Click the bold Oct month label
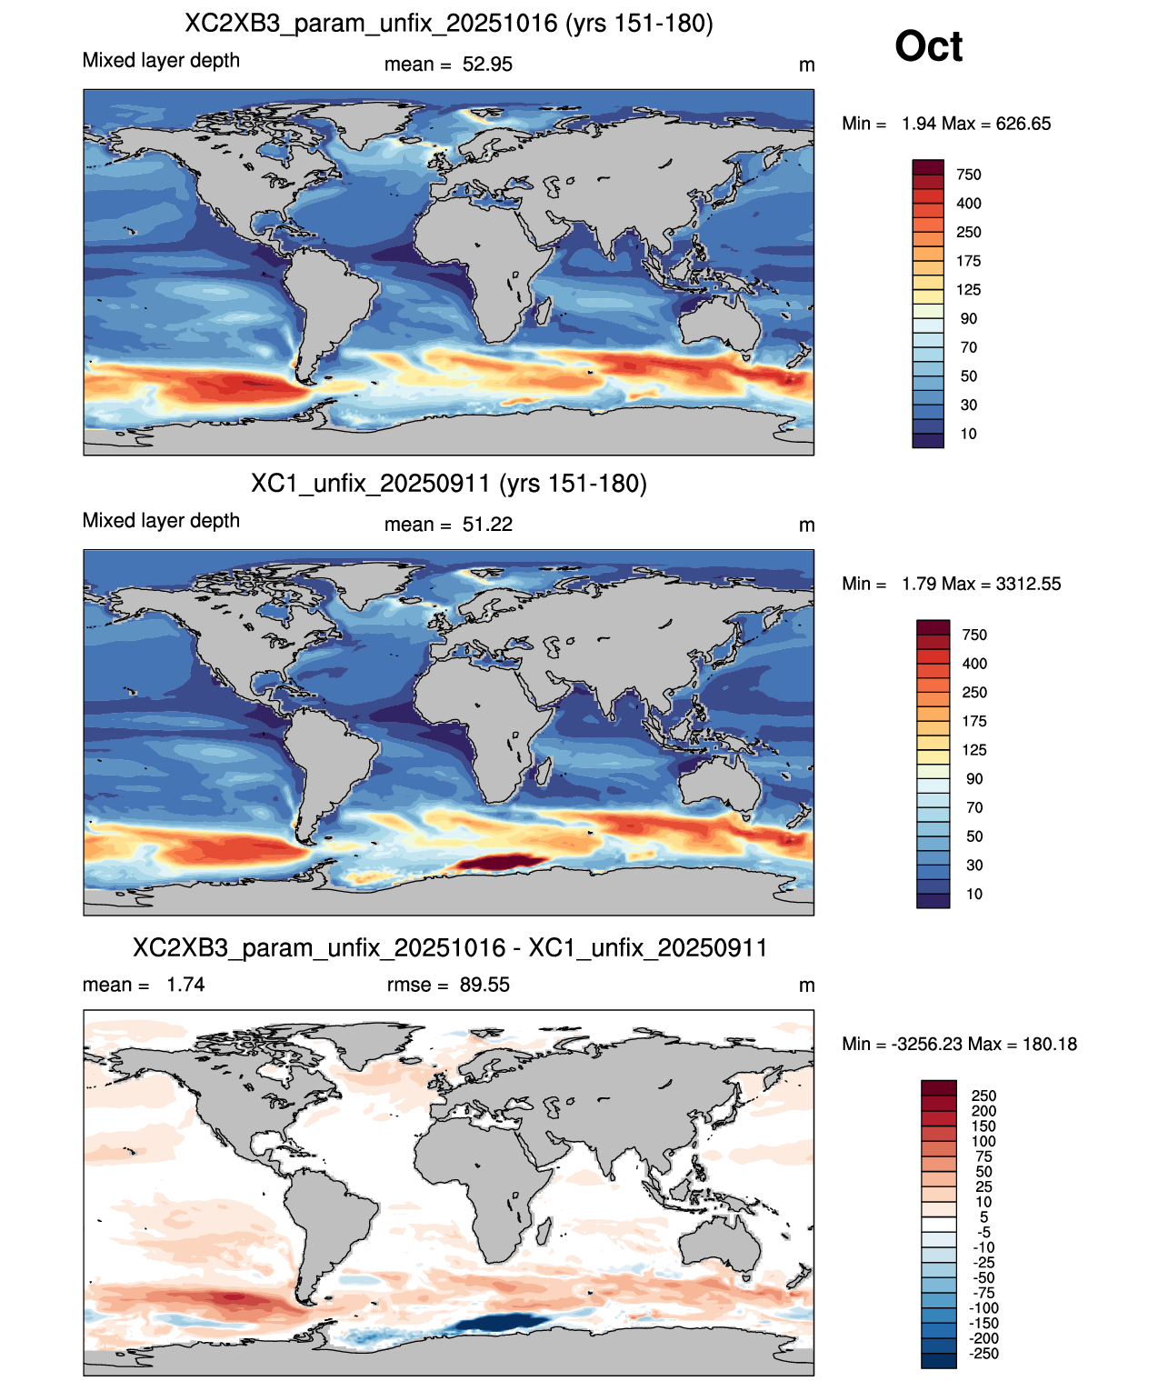928,46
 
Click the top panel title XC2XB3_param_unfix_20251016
371,24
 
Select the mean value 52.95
487,65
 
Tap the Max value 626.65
1023,124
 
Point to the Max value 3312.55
1028,584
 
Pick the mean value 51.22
487,525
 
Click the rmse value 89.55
484,985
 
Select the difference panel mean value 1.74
185,985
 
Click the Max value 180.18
1049,1045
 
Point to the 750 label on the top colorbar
968,175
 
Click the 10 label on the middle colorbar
973,894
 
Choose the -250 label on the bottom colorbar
983,1355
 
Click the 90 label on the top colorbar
968,319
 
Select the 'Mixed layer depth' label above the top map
161,60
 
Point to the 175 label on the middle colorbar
973,722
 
